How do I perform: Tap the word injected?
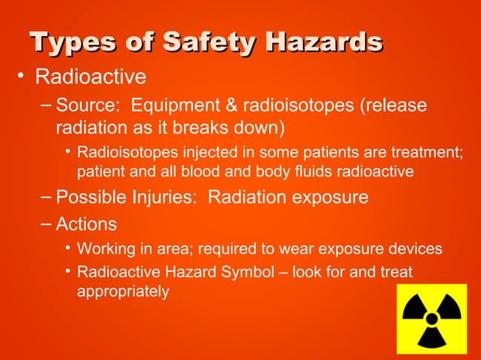tap(196, 153)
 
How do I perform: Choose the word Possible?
tap(90, 198)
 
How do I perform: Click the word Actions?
tap(87, 224)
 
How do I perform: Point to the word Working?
tap(106, 249)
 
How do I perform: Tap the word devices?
tap(417, 249)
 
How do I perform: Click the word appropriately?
tap(123, 290)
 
